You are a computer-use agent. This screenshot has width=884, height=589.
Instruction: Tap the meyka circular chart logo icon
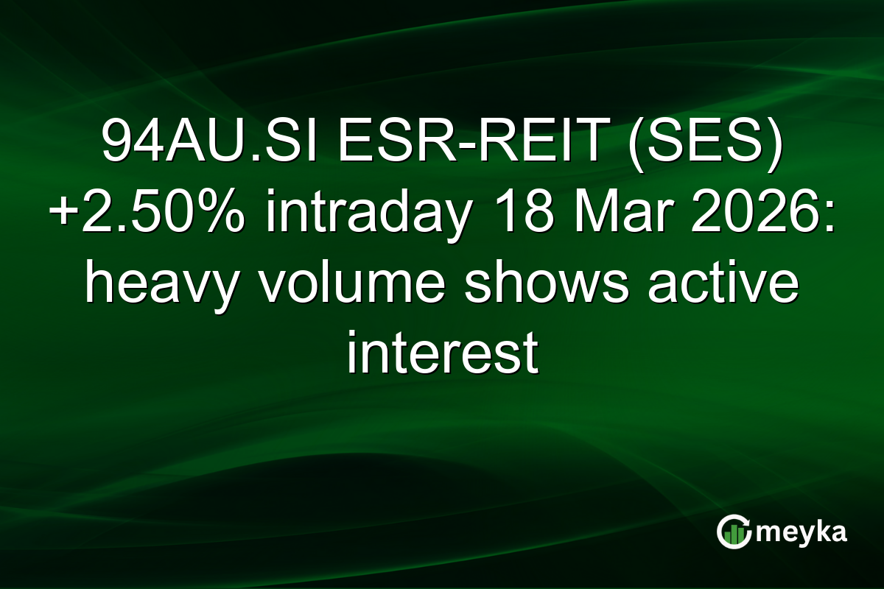click(732, 532)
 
